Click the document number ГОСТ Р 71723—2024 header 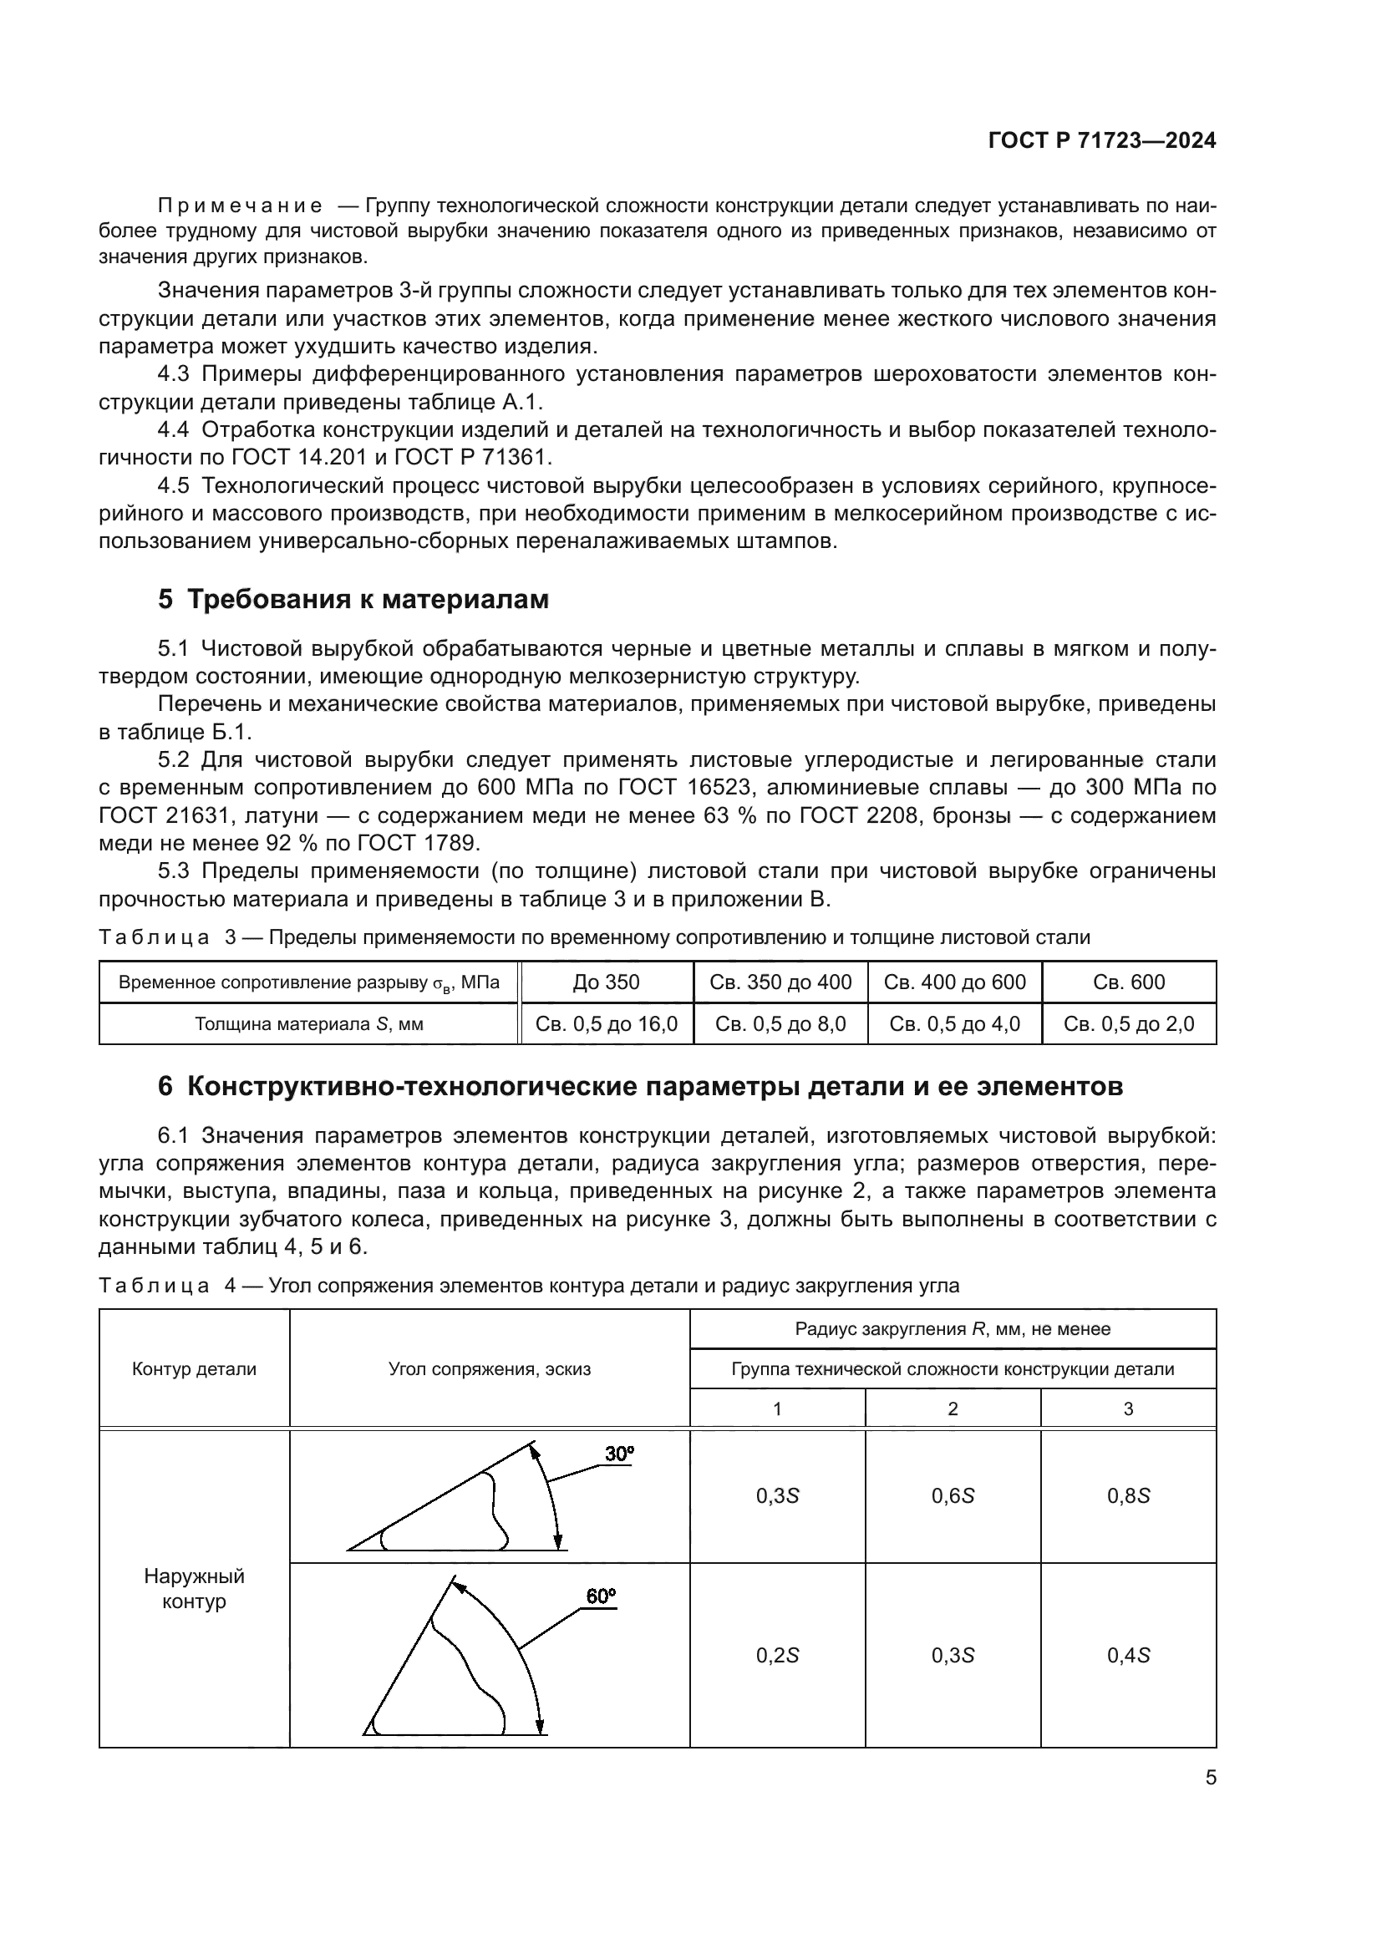click(x=1102, y=141)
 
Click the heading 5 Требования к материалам click(x=353, y=599)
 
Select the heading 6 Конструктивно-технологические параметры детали click(x=640, y=1087)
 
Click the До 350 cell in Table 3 click(x=606, y=982)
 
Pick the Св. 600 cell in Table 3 click(x=1128, y=982)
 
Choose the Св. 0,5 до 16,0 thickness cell click(x=606, y=1024)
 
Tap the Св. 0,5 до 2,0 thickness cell click(x=1128, y=1024)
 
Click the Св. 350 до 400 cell click(x=780, y=982)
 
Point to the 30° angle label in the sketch click(x=619, y=1454)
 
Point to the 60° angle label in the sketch click(x=601, y=1596)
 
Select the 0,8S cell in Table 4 click(x=1128, y=1496)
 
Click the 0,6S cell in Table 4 click(x=953, y=1496)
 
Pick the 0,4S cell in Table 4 click(x=1128, y=1655)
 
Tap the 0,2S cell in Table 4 click(x=777, y=1655)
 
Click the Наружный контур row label click(x=194, y=1588)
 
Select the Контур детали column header click(x=194, y=1369)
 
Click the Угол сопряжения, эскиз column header click(x=490, y=1369)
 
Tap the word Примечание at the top click(x=240, y=206)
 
